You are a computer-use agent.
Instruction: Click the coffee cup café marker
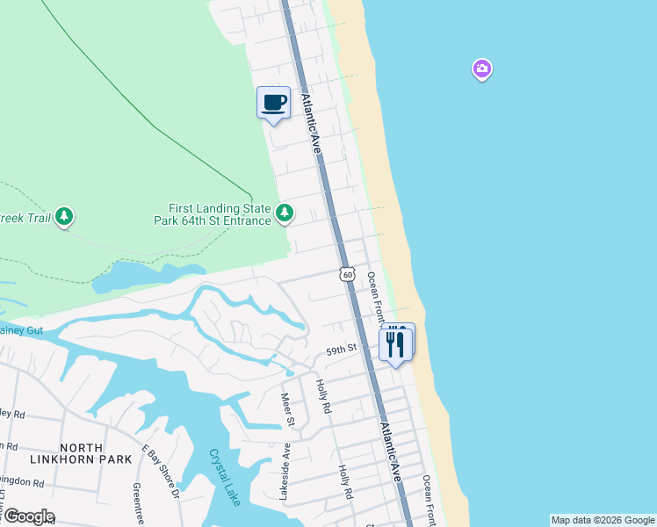point(273,103)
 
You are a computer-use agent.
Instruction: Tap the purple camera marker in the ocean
point(481,69)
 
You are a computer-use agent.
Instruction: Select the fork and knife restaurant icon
point(395,343)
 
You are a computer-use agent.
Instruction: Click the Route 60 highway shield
point(348,275)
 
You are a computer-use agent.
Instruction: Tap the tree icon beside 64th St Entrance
point(284,213)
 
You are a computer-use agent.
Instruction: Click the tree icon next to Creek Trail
point(63,216)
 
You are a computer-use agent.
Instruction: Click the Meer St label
point(287,409)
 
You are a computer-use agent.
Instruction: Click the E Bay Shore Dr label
point(161,472)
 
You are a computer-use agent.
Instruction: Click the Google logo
point(28,516)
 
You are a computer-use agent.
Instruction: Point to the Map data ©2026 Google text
point(603,520)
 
